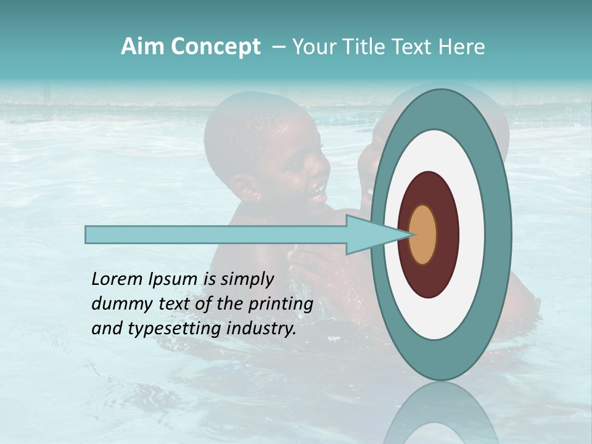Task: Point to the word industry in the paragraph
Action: pos(259,329)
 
